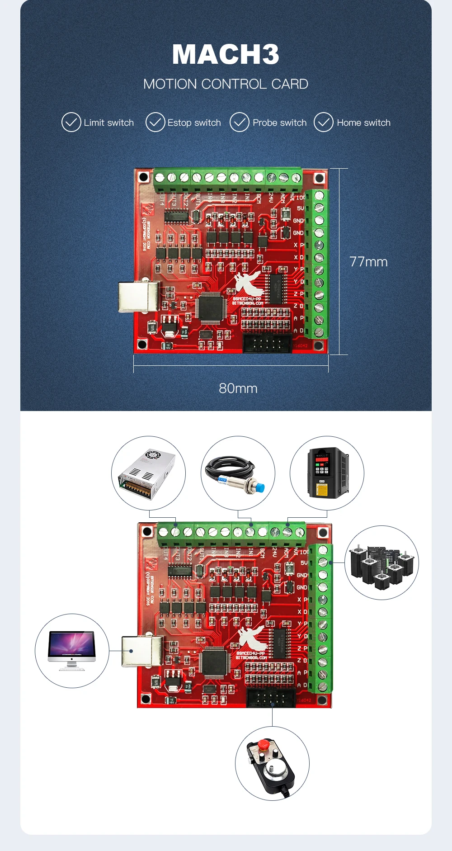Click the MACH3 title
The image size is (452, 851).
pyautogui.click(x=226, y=54)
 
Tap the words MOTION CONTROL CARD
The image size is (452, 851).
pyautogui.click(x=226, y=84)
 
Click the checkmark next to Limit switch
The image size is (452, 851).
pyautogui.click(x=71, y=122)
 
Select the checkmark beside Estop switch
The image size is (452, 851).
pyautogui.click(x=155, y=122)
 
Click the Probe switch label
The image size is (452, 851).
pyautogui.click(x=279, y=123)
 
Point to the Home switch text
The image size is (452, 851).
pyautogui.click(x=363, y=123)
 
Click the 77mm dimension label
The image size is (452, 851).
pyautogui.click(x=368, y=262)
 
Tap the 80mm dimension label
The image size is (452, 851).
pyautogui.click(x=238, y=388)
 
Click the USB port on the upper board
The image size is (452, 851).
pyautogui.click(x=138, y=297)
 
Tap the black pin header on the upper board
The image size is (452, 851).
pyautogui.click(x=267, y=343)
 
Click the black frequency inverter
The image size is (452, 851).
pyautogui.click(x=327, y=473)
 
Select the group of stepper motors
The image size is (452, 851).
pyautogui.click(x=382, y=563)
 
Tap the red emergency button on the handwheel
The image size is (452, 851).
pyautogui.click(x=264, y=744)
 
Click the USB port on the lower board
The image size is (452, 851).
pyautogui.click(x=141, y=651)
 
